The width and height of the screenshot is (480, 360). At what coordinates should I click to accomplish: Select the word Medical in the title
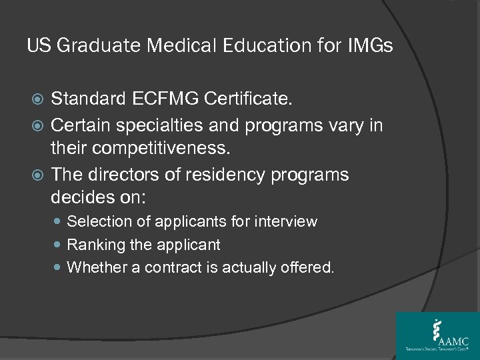[x=176, y=47]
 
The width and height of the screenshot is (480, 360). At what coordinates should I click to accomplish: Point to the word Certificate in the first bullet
[x=248, y=100]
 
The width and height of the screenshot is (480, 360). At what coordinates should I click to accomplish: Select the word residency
[x=244, y=175]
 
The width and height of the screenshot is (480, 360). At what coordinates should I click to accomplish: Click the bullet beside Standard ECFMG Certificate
[x=37, y=101]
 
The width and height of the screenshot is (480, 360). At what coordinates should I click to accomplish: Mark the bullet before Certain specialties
[x=37, y=125]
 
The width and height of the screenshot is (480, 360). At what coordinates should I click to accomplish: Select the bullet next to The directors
[x=37, y=175]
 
